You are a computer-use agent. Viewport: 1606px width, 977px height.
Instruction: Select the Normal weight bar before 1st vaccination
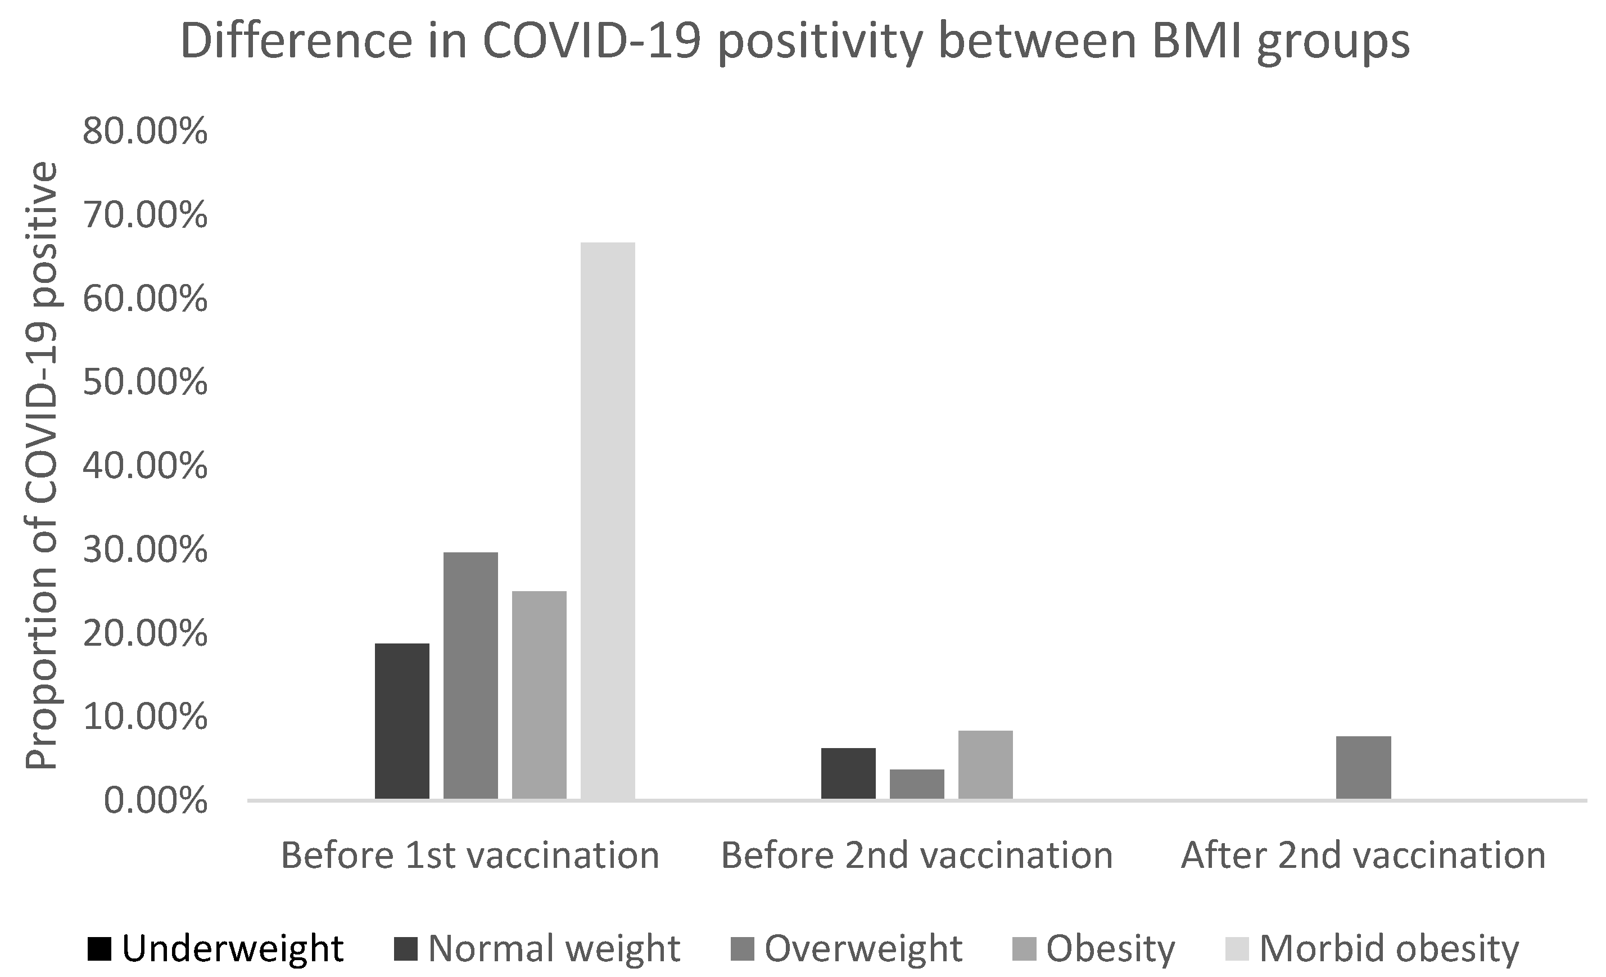402,721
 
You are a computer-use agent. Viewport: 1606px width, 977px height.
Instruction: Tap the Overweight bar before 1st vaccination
471,675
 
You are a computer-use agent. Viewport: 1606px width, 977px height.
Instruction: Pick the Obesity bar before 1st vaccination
539,695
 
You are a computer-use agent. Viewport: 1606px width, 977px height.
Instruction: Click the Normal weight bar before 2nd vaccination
848,773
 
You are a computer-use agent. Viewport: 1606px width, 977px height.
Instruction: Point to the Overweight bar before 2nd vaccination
916,784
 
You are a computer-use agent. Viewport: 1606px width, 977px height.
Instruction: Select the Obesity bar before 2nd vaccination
985,764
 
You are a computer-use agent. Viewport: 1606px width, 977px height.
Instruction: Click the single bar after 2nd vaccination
1364,767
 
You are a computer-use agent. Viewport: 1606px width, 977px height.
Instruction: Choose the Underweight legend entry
215,948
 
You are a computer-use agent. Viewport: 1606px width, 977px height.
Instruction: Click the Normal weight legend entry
538,948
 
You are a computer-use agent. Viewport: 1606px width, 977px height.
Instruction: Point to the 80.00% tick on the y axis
144,132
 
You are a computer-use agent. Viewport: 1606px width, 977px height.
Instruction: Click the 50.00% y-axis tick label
144,383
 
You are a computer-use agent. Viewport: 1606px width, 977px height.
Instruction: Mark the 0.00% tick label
155,801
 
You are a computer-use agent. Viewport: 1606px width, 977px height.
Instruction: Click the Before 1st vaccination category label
470,856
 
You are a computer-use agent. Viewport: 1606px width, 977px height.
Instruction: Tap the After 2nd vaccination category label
1363,856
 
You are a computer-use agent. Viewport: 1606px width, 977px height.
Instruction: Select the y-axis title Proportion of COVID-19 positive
42,466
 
